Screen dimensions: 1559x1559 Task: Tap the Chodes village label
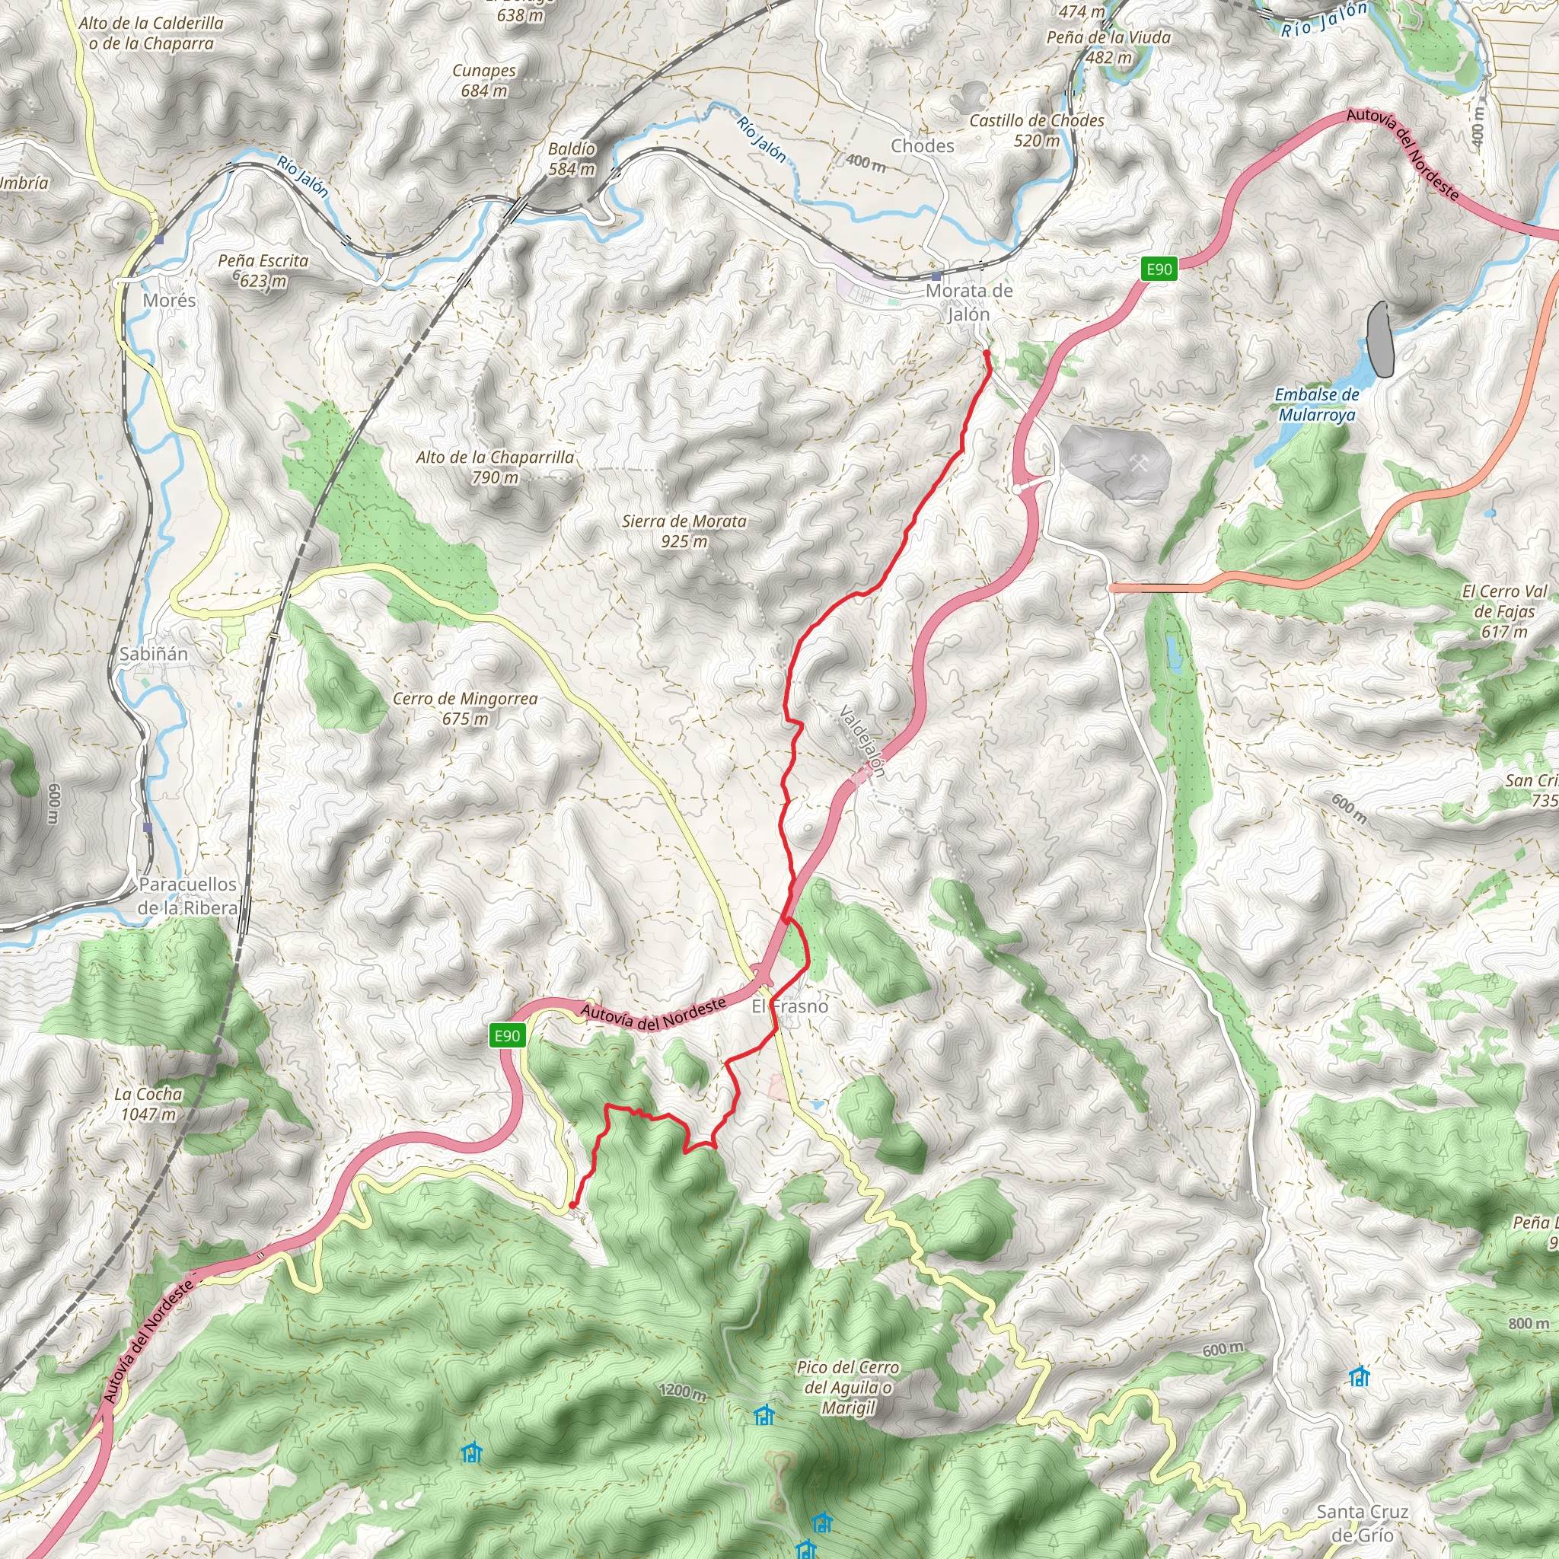[x=923, y=146]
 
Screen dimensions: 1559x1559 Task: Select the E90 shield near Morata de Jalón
[x=1159, y=269]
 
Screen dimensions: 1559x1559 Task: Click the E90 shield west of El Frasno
[x=508, y=1035]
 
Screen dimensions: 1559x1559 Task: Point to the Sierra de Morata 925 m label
[x=684, y=531]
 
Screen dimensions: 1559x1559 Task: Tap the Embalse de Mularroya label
[x=1317, y=404]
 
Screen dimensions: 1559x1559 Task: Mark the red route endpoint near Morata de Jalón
[x=987, y=353]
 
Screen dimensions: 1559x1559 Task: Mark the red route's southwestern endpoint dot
[x=572, y=1206]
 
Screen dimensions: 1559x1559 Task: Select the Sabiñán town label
[x=153, y=654]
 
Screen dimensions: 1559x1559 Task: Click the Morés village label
[x=169, y=300]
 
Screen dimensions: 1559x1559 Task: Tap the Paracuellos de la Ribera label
[x=187, y=896]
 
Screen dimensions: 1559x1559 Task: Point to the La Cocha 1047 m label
[x=148, y=1104]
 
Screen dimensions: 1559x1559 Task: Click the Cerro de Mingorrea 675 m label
[x=465, y=709]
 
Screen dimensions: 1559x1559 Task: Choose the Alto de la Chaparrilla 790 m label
[x=496, y=467]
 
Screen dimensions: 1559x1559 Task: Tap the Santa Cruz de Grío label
[x=1362, y=1522]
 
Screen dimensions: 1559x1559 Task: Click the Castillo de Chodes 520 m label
[x=1037, y=130]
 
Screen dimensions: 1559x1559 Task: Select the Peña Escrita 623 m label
[x=263, y=270]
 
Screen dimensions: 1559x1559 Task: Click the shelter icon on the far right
[x=1360, y=1376]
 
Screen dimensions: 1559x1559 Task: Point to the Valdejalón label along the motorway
[x=862, y=741]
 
